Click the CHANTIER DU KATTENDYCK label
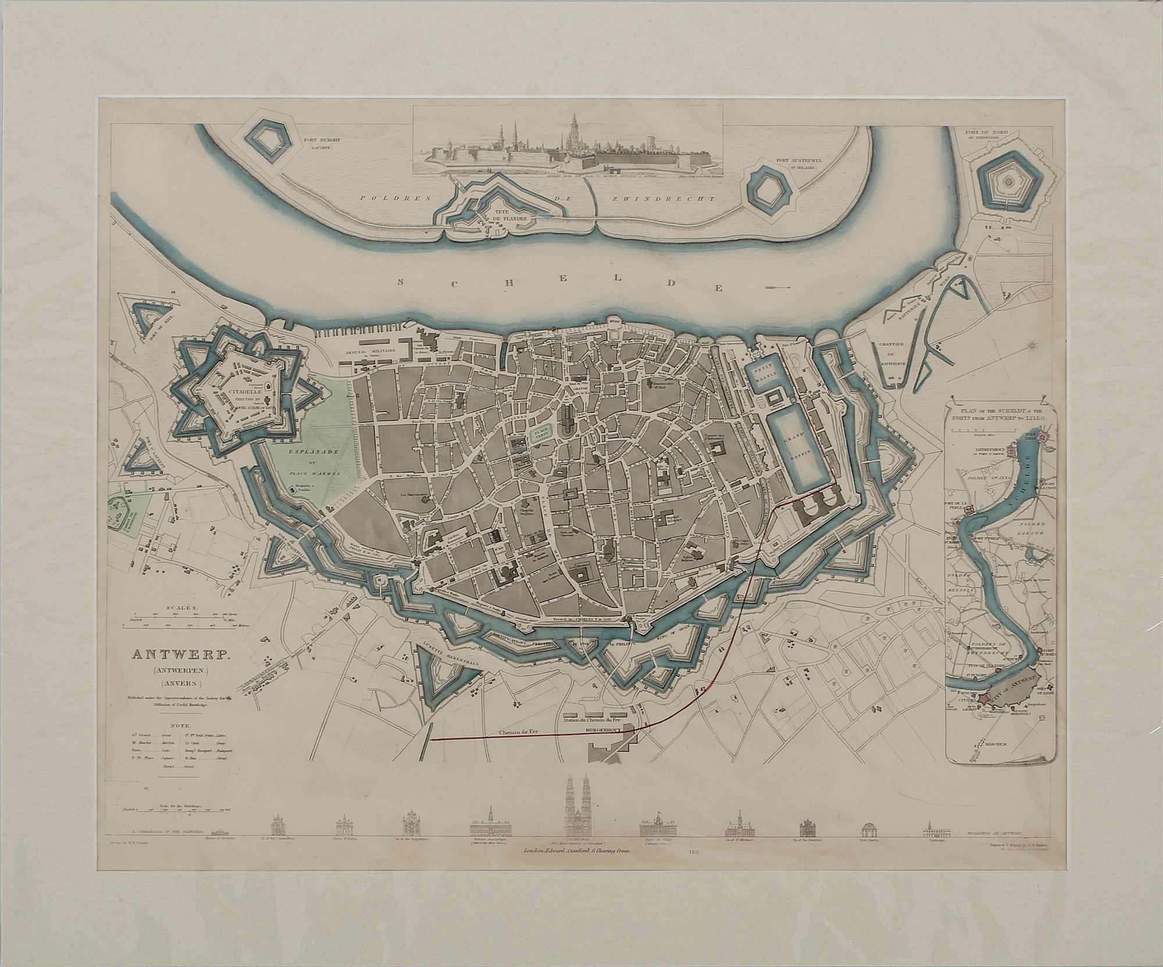(x=890, y=356)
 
